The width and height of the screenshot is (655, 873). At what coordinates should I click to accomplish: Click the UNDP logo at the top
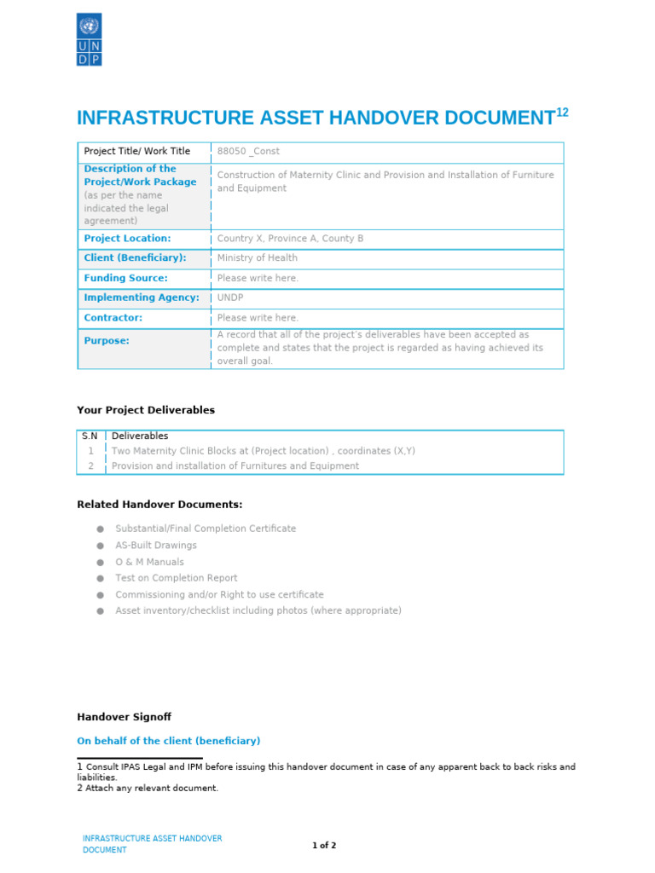coord(89,39)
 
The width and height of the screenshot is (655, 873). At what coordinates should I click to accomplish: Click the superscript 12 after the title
coord(562,113)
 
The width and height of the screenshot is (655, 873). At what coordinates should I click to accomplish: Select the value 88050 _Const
coord(248,152)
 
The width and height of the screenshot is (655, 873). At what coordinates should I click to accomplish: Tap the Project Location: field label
coord(127,239)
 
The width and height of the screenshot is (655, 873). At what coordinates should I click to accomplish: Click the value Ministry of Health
coord(258,258)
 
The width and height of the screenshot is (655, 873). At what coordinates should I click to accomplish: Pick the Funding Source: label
coord(125,278)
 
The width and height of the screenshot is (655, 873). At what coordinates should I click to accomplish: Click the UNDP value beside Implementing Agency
coord(230,298)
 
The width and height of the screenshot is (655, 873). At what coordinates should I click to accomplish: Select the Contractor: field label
coord(113,318)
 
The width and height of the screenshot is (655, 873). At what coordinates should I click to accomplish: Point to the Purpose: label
coord(107,340)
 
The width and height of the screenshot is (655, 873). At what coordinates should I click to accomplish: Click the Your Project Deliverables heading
coord(146,410)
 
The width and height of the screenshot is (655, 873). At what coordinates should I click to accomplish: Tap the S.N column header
coord(90,436)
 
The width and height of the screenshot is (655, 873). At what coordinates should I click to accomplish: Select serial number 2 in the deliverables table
coord(90,466)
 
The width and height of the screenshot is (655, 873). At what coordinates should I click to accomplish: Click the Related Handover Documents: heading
coord(159,505)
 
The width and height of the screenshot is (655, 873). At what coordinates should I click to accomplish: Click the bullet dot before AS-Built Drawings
coord(100,546)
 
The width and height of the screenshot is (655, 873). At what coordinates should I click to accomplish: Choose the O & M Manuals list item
coord(149,562)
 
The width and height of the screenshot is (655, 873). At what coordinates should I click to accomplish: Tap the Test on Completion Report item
coord(177,578)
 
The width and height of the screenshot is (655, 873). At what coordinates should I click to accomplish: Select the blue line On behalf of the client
coord(169,741)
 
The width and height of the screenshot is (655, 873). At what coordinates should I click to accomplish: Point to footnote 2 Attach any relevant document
coord(148,789)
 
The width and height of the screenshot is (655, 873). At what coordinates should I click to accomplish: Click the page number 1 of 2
coord(324,846)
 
